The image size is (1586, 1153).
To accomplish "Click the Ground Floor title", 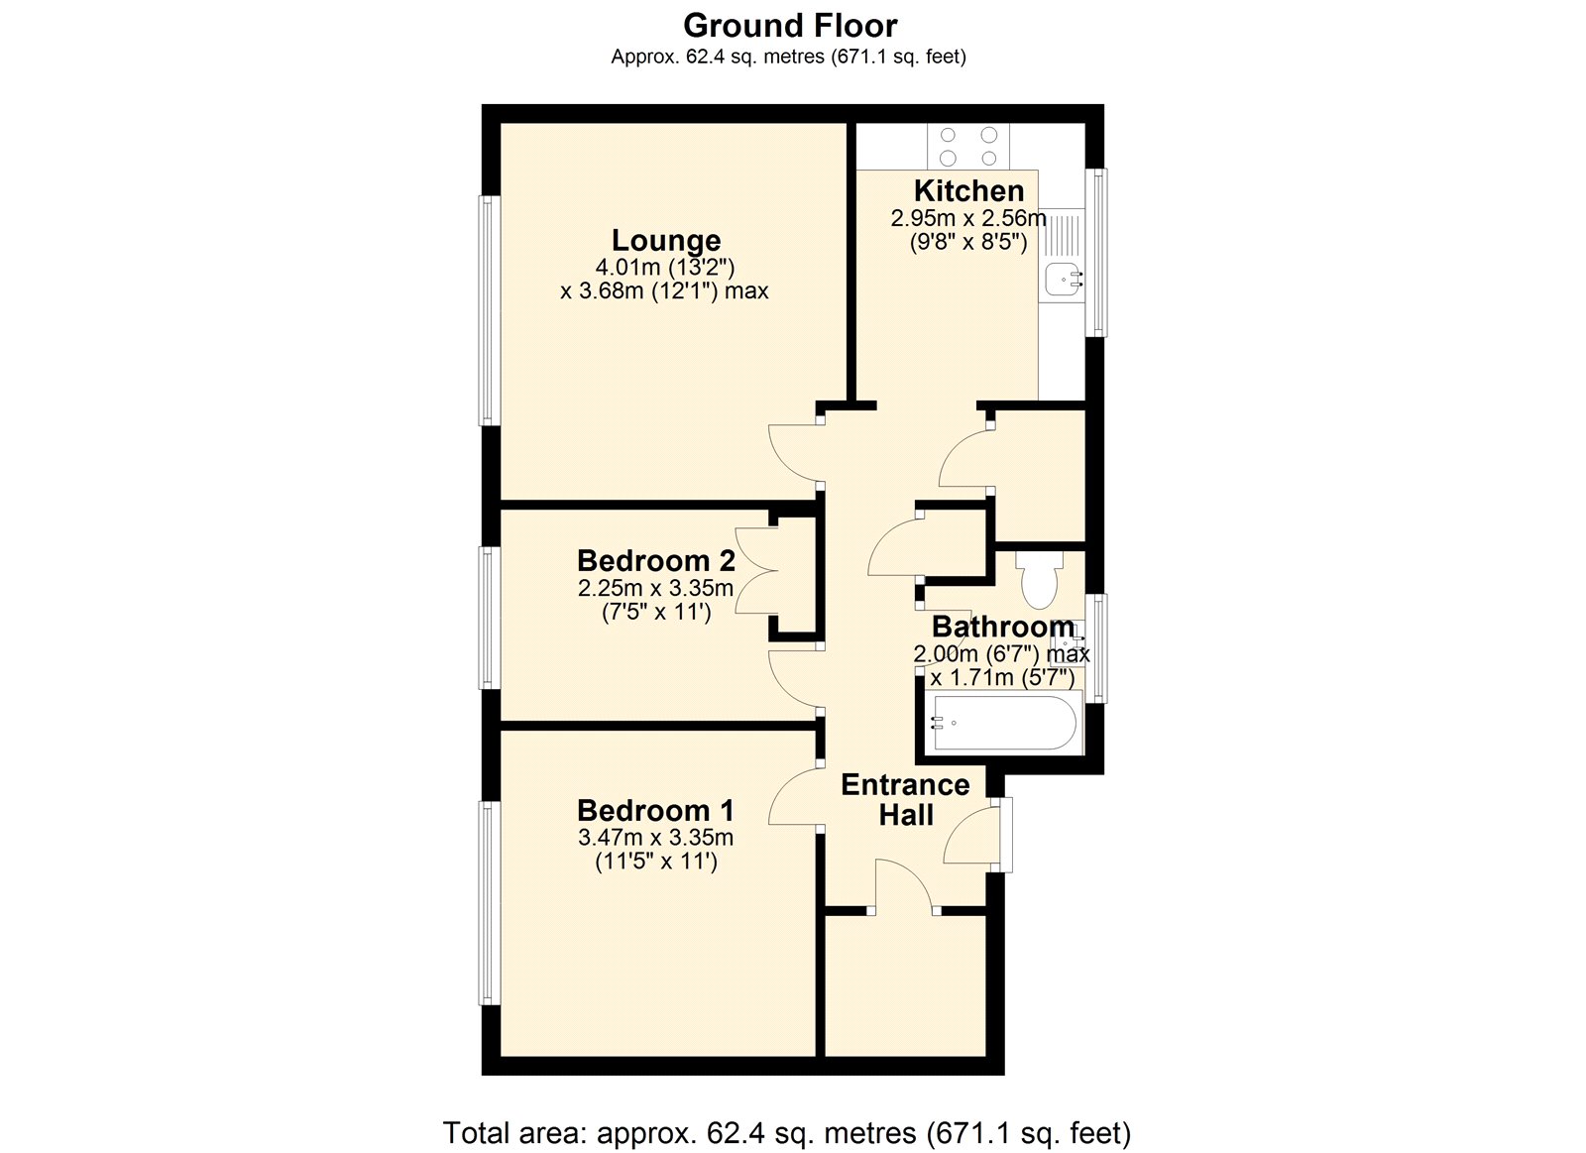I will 790,25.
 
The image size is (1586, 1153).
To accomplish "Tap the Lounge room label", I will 665,240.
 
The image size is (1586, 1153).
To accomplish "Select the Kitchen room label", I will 968,190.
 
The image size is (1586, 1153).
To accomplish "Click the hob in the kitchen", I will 968,147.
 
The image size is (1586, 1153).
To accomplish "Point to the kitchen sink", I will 1064,281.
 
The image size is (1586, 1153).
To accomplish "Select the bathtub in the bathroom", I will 1001,723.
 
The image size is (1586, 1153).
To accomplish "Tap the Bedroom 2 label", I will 655,561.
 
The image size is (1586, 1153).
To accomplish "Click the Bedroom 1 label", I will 655,810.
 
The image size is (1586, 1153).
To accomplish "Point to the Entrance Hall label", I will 905,800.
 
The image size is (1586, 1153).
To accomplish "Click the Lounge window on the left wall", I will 488,310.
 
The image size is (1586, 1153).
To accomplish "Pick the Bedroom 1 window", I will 488,902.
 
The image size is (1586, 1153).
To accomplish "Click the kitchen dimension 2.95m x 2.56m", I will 968,218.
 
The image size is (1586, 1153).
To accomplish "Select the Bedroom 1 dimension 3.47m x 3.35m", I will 655,838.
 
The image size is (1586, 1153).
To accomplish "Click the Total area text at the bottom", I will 786,1132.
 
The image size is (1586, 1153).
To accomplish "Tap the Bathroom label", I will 1002,627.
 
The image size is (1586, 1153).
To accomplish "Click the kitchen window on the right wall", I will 1096,253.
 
